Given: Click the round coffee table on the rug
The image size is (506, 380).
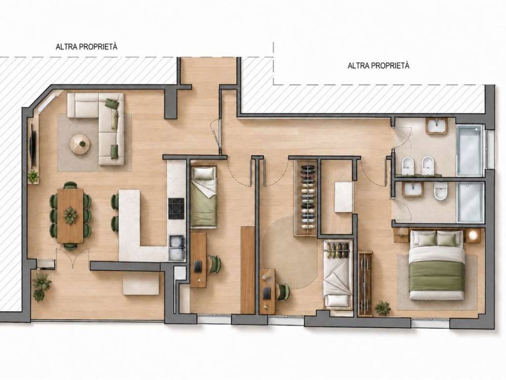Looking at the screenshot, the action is [x=80, y=144].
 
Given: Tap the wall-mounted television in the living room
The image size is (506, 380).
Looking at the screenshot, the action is [x=33, y=146].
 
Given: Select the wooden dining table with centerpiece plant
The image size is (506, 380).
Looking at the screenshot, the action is [x=70, y=216].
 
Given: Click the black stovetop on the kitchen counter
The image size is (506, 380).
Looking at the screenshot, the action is [x=176, y=208].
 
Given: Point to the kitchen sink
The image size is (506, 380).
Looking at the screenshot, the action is [x=177, y=247].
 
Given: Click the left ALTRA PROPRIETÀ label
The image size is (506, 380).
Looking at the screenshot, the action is [x=86, y=47].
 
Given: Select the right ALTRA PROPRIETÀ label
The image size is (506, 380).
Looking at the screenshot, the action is [x=378, y=66].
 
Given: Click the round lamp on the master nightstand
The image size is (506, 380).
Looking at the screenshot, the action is [x=473, y=235].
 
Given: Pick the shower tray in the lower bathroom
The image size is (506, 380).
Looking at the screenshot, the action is [x=470, y=202].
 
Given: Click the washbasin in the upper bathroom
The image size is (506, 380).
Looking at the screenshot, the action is [x=437, y=126].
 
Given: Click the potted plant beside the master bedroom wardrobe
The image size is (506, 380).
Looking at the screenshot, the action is [x=383, y=308].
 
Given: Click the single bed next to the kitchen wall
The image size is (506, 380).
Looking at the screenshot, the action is [x=203, y=197].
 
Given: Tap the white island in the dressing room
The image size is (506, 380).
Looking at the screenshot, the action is [x=344, y=197].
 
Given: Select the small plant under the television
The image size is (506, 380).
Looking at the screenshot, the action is [x=33, y=177].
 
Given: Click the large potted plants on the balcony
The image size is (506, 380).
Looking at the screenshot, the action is [x=41, y=286].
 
